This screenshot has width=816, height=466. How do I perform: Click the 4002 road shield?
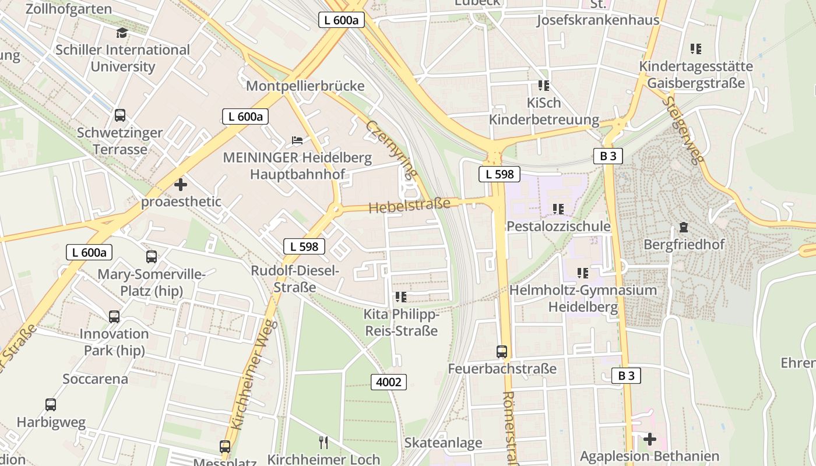(x=389, y=382)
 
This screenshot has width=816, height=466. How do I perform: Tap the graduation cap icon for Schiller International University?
(x=122, y=33)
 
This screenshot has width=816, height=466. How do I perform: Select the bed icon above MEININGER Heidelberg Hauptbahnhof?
(x=297, y=140)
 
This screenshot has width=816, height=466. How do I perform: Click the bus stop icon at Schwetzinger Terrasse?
(x=120, y=115)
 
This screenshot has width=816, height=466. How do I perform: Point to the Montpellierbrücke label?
(x=305, y=86)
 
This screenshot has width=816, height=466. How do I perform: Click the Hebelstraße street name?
(x=409, y=205)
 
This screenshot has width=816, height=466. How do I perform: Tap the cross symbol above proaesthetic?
(x=181, y=185)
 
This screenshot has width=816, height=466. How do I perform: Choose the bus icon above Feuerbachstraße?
(x=502, y=352)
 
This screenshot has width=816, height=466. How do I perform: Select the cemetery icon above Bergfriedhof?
(x=684, y=227)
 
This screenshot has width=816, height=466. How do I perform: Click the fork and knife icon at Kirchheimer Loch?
(x=323, y=443)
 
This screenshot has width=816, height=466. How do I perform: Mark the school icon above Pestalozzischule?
(x=558, y=209)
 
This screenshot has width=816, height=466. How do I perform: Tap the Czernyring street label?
(x=392, y=149)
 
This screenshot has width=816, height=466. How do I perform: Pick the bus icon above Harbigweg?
(x=51, y=405)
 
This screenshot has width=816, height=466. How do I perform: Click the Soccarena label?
(x=95, y=379)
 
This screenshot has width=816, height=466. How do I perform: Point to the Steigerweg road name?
(x=684, y=130)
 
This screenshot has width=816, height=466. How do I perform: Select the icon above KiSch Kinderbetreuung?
(x=544, y=86)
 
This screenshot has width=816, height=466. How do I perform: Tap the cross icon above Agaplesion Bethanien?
(x=650, y=439)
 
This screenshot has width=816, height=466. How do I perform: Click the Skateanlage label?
(x=444, y=443)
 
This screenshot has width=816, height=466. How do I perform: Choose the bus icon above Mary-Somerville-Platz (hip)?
(x=152, y=256)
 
